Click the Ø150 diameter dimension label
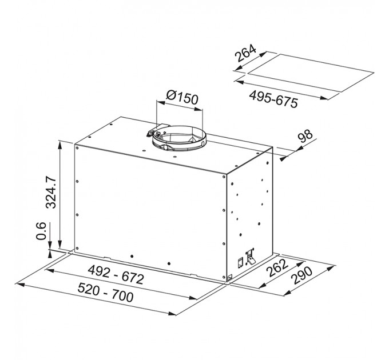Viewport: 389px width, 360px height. [x=182, y=97]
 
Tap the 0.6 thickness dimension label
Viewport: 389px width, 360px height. [x=41, y=231]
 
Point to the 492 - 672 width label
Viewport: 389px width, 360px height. [x=116, y=275]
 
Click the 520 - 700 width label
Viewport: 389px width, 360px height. [x=105, y=293]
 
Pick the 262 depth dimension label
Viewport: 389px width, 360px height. [x=277, y=268]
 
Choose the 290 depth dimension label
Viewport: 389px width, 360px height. [x=302, y=275]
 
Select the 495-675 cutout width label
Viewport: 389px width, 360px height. [x=273, y=99]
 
